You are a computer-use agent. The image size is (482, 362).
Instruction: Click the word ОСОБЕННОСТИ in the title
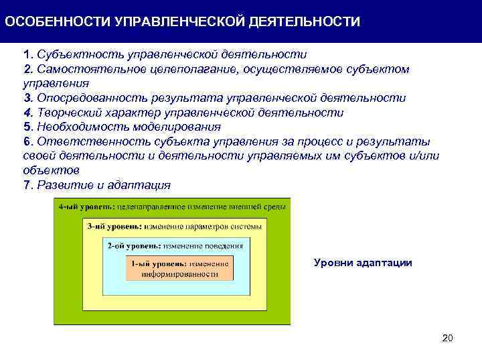58,22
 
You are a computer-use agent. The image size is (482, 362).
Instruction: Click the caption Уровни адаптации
363,263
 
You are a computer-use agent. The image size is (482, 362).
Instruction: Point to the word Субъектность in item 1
74,54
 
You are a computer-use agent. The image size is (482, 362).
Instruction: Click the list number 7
27,185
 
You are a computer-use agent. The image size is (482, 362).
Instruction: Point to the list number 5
27,127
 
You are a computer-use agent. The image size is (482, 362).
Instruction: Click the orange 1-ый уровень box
179,268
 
